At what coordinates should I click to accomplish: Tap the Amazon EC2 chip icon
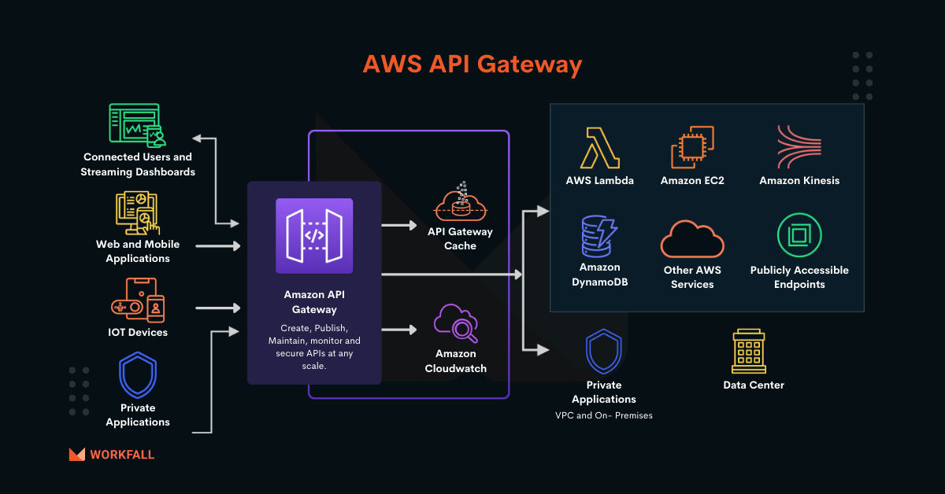[x=692, y=147]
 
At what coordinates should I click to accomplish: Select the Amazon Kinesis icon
[x=799, y=147]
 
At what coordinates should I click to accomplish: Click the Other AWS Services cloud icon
[x=692, y=238]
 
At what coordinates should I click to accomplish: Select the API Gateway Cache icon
[x=460, y=202]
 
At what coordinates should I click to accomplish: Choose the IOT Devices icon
[x=138, y=299]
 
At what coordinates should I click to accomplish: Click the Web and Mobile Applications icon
[x=137, y=212]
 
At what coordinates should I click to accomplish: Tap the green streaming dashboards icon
[x=137, y=125]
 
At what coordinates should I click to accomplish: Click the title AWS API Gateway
[x=472, y=65]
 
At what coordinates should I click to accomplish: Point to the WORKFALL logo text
[x=122, y=455]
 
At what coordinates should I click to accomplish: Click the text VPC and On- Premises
[x=604, y=415]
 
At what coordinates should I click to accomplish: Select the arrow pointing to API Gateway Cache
[x=399, y=225]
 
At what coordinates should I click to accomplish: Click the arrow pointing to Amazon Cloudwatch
[x=399, y=330]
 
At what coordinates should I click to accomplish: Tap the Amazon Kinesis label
[x=799, y=181]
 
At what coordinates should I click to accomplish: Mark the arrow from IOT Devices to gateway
[x=217, y=308]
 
